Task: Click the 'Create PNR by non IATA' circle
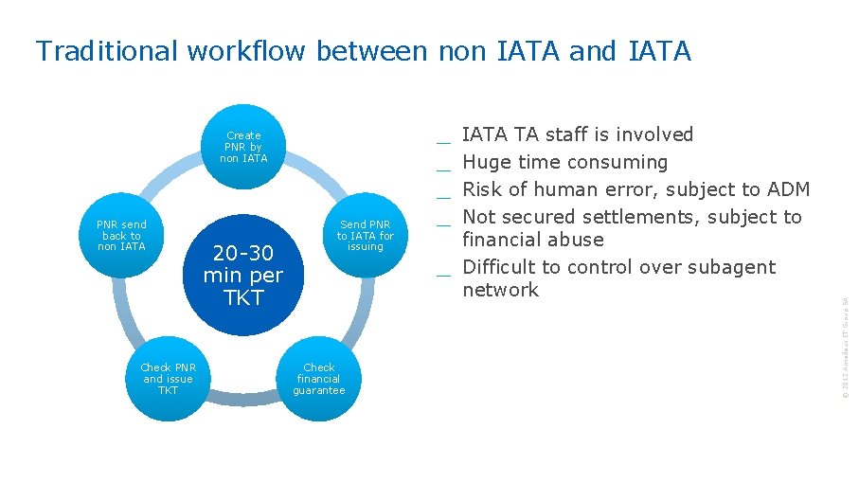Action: pyautogui.click(x=243, y=147)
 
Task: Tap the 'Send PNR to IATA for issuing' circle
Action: pyautogui.click(x=365, y=235)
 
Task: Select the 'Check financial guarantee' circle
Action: pyautogui.click(x=319, y=379)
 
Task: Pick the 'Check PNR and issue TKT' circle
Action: pyautogui.click(x=168, y=379)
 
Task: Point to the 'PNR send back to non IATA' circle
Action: pyautogui.click(x=121, y=235)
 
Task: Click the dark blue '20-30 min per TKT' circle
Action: pyautogui.click(x=242, y=275)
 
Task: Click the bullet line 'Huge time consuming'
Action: pyautogui.click(x=564, y=162)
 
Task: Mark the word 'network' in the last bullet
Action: pyautogui.click(x=500, y=290)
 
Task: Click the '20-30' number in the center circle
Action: pyautogui.click(x=242, y=253)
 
